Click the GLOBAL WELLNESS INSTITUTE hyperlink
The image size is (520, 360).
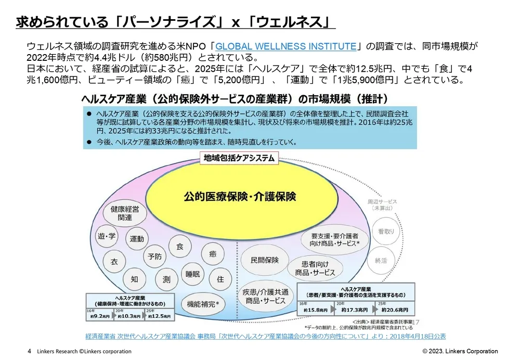285,46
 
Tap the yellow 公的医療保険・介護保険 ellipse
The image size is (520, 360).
240,197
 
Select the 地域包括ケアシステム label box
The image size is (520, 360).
239,159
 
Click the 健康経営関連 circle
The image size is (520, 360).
125,213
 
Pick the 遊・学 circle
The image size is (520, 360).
107,237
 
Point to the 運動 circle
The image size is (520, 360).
137,239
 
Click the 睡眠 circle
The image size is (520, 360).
193,274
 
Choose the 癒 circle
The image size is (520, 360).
213,254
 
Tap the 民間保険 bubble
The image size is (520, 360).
264,260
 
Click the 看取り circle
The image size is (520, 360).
386,232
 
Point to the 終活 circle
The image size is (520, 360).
381,261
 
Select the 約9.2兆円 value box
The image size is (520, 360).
99,316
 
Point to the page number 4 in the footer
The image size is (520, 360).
29,351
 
